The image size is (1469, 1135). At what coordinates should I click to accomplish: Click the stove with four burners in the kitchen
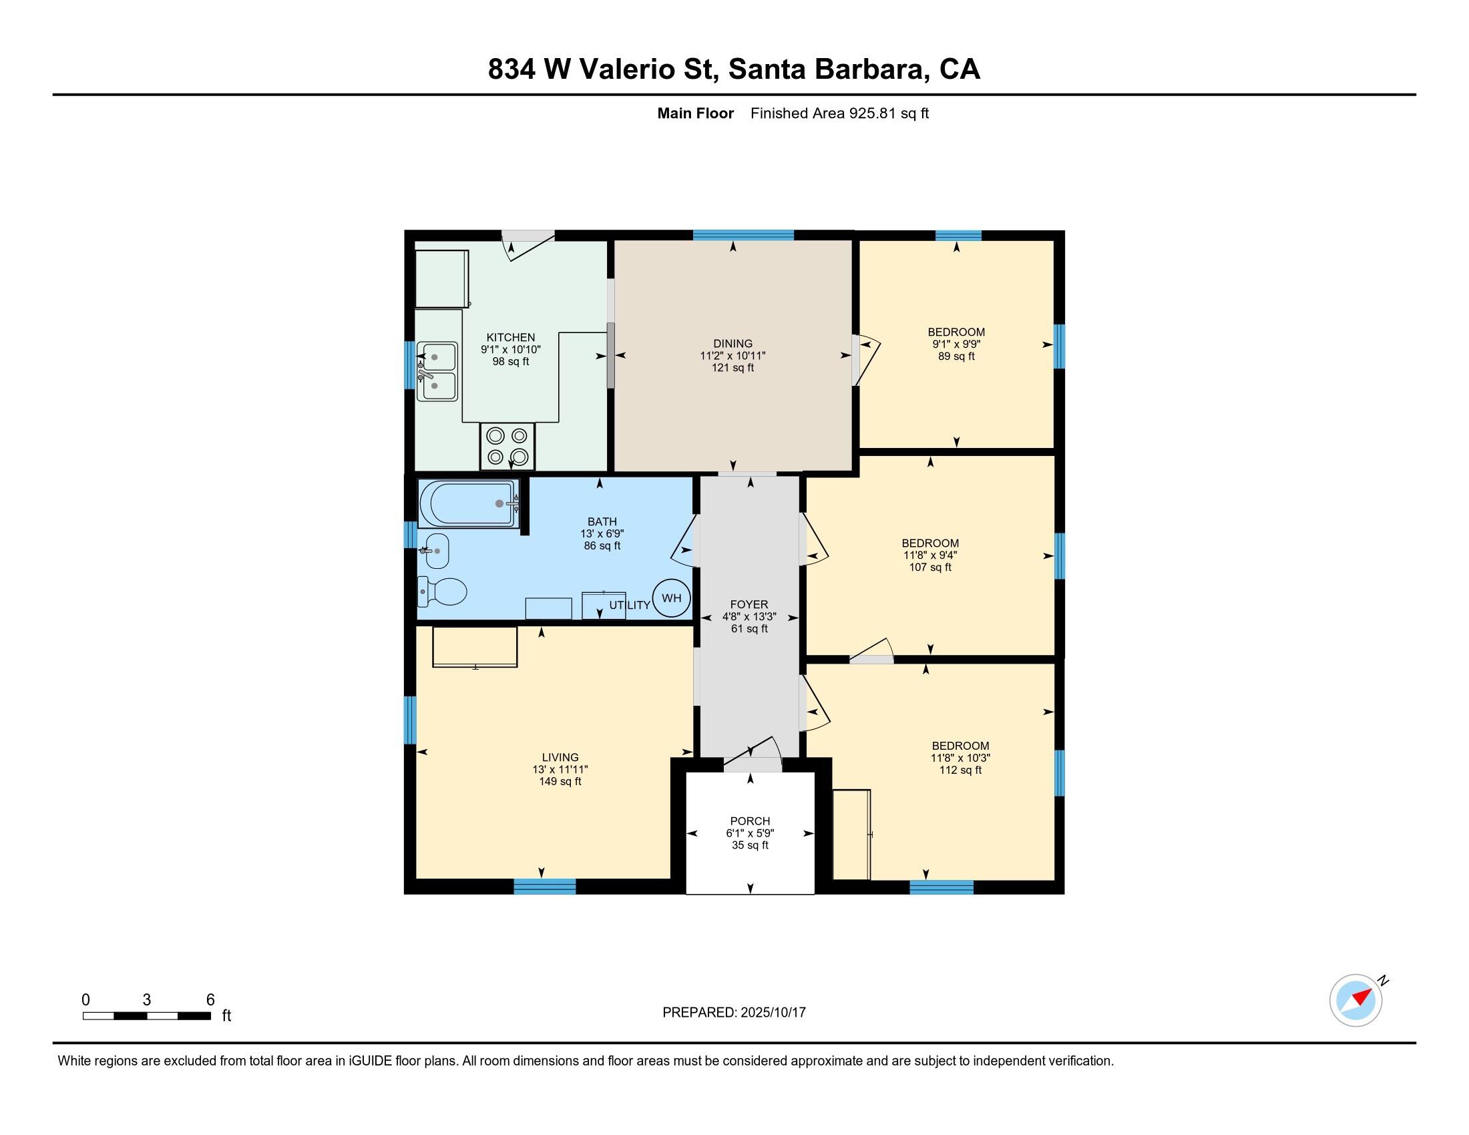pyautogui.click(x=507, y=446)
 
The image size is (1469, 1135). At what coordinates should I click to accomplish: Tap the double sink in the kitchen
pyautogui.click(x=437, y=371)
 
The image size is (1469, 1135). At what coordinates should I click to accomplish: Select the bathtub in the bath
pyautogui.click(x=468, y=503)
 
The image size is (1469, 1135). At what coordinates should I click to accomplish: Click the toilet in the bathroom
pyautogui.click(x=444, y=592)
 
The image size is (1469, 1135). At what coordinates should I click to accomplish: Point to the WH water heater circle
pyautogui.click(x=671, y=598)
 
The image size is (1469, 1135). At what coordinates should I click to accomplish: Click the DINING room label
pyautogui.click(x=732, y=344)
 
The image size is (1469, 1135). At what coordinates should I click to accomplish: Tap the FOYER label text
pyautogui.click(x=749, y=604)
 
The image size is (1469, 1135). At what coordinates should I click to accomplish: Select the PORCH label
pyautogui.click(x=750, y=821)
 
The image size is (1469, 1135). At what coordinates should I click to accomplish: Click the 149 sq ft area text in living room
pyautogui.click(x=560, y=781)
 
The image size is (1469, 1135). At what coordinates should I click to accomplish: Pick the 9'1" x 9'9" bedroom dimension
pyautogui.click(x=956, y=344)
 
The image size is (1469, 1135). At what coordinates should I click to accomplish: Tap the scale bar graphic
pyautogui.click(x=147, y=1015)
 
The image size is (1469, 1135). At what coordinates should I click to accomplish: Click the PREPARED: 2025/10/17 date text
pyautogui.click(x=734, y=1012)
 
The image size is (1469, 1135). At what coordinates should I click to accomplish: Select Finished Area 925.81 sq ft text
pyautogui.click(x=839, y=113)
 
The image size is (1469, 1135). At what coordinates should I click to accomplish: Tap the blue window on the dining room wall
pyautogui.click(x=743, y=234)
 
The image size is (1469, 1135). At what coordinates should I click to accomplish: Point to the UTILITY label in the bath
pyautogui.click(x=630, y=605)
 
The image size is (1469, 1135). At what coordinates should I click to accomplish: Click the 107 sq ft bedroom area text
pyautogui.click(x=929, y=567)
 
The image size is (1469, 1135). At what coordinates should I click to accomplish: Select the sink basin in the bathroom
pyautogui.click(x=437, y=551)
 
